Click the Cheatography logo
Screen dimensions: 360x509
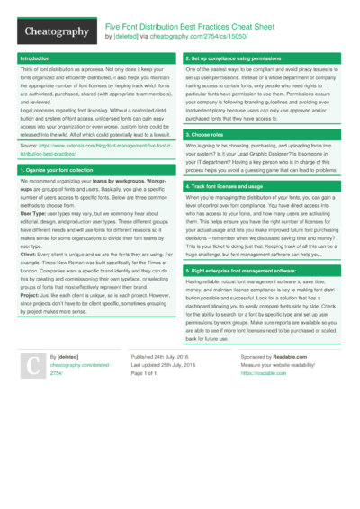tap(56, 32)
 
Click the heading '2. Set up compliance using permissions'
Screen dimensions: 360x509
tap(231, 58)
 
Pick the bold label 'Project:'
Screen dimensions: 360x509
tap(31, 296)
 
